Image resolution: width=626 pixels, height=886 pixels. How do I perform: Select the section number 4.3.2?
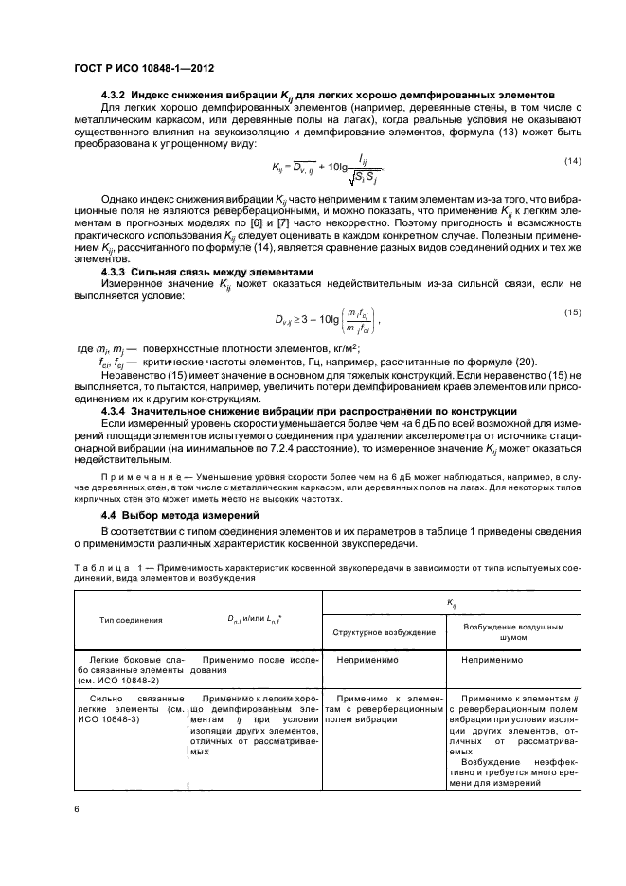(x=114, y=96)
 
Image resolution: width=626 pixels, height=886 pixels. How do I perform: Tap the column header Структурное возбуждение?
(x=385, y=631)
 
